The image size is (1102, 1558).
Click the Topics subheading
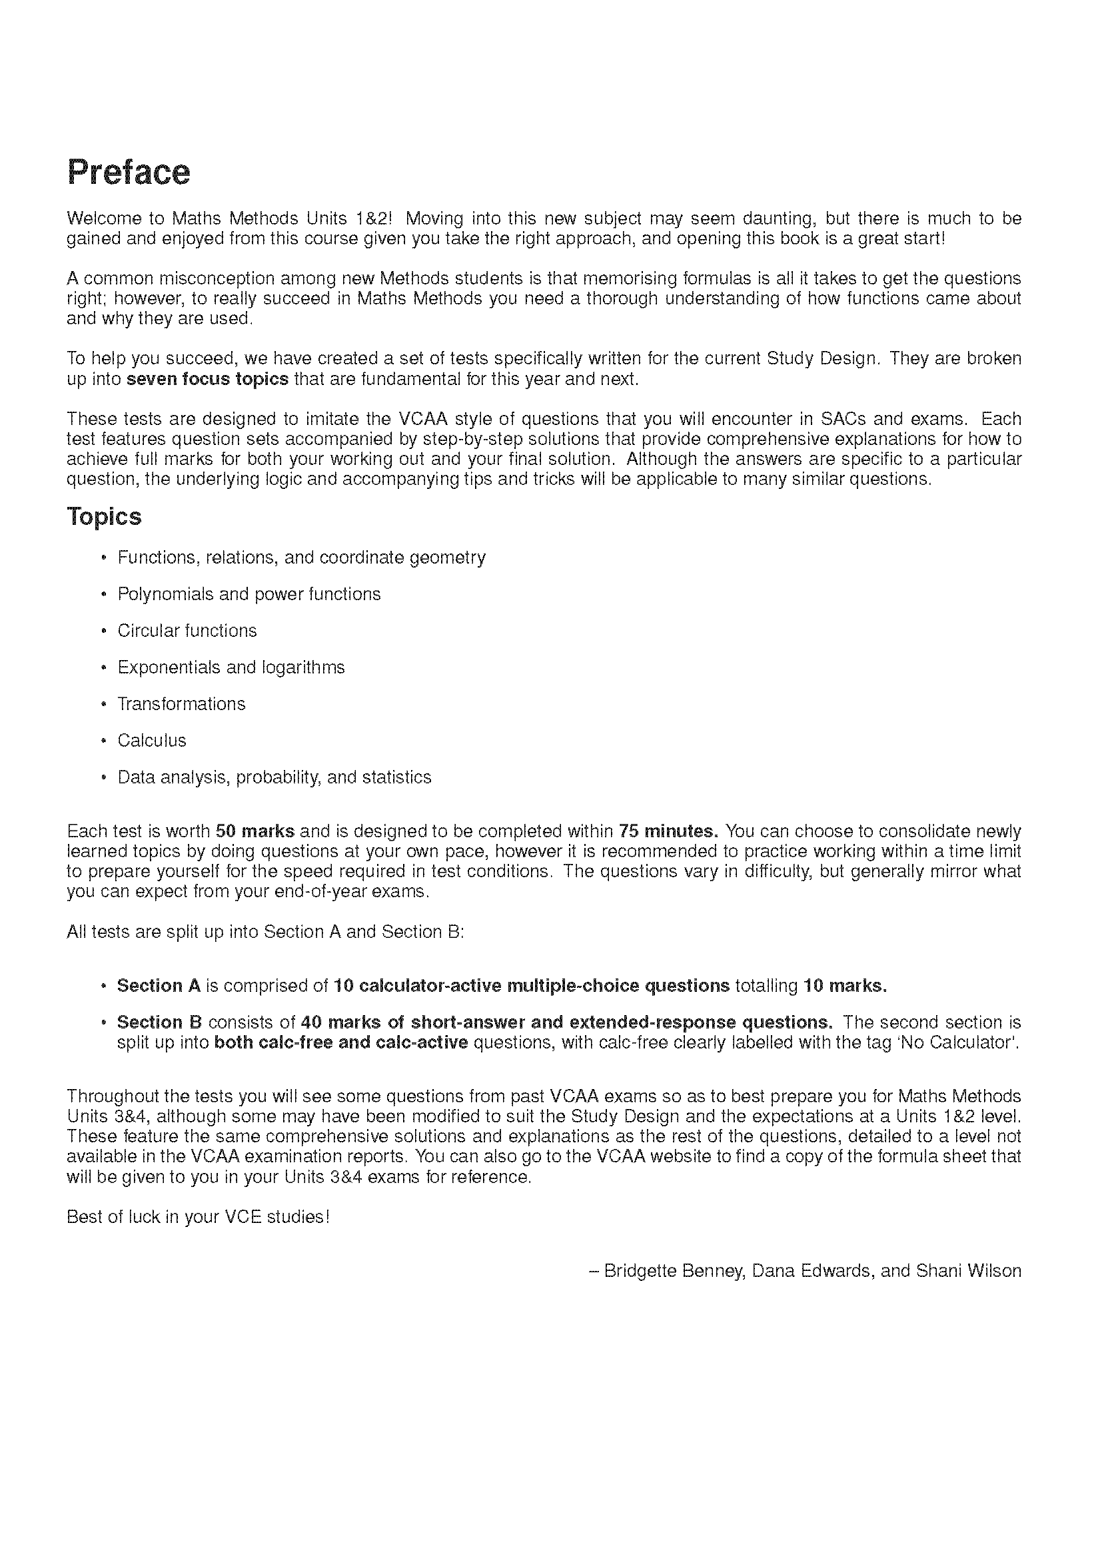pyautogui.click(x=104, y=517)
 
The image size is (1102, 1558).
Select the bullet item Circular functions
pyautogui.click(x=187, y=631)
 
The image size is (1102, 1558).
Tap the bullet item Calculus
pyautogui.click(x=151, y=741)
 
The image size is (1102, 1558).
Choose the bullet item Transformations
pyautogui.click(x=181, y=704)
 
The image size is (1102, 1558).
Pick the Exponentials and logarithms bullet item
pyautogui.click(x=231, y=667)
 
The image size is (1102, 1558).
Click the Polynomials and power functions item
pyautogui.click(x=249, y=594)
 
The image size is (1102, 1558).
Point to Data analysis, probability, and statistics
pyautogui.click(x=274, y=777)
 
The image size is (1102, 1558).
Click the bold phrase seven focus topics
pyautogui.click(x=208, y=379)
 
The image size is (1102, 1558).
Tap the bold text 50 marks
pyautogui.click(x=255, y=831)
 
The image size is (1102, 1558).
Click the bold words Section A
pyautogui.click(x=158, y=986)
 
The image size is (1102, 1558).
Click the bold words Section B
pyautogui.click(x=159, y=1022)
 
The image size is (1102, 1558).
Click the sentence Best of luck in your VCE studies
pyautogui.click(x=197, y=1217)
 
